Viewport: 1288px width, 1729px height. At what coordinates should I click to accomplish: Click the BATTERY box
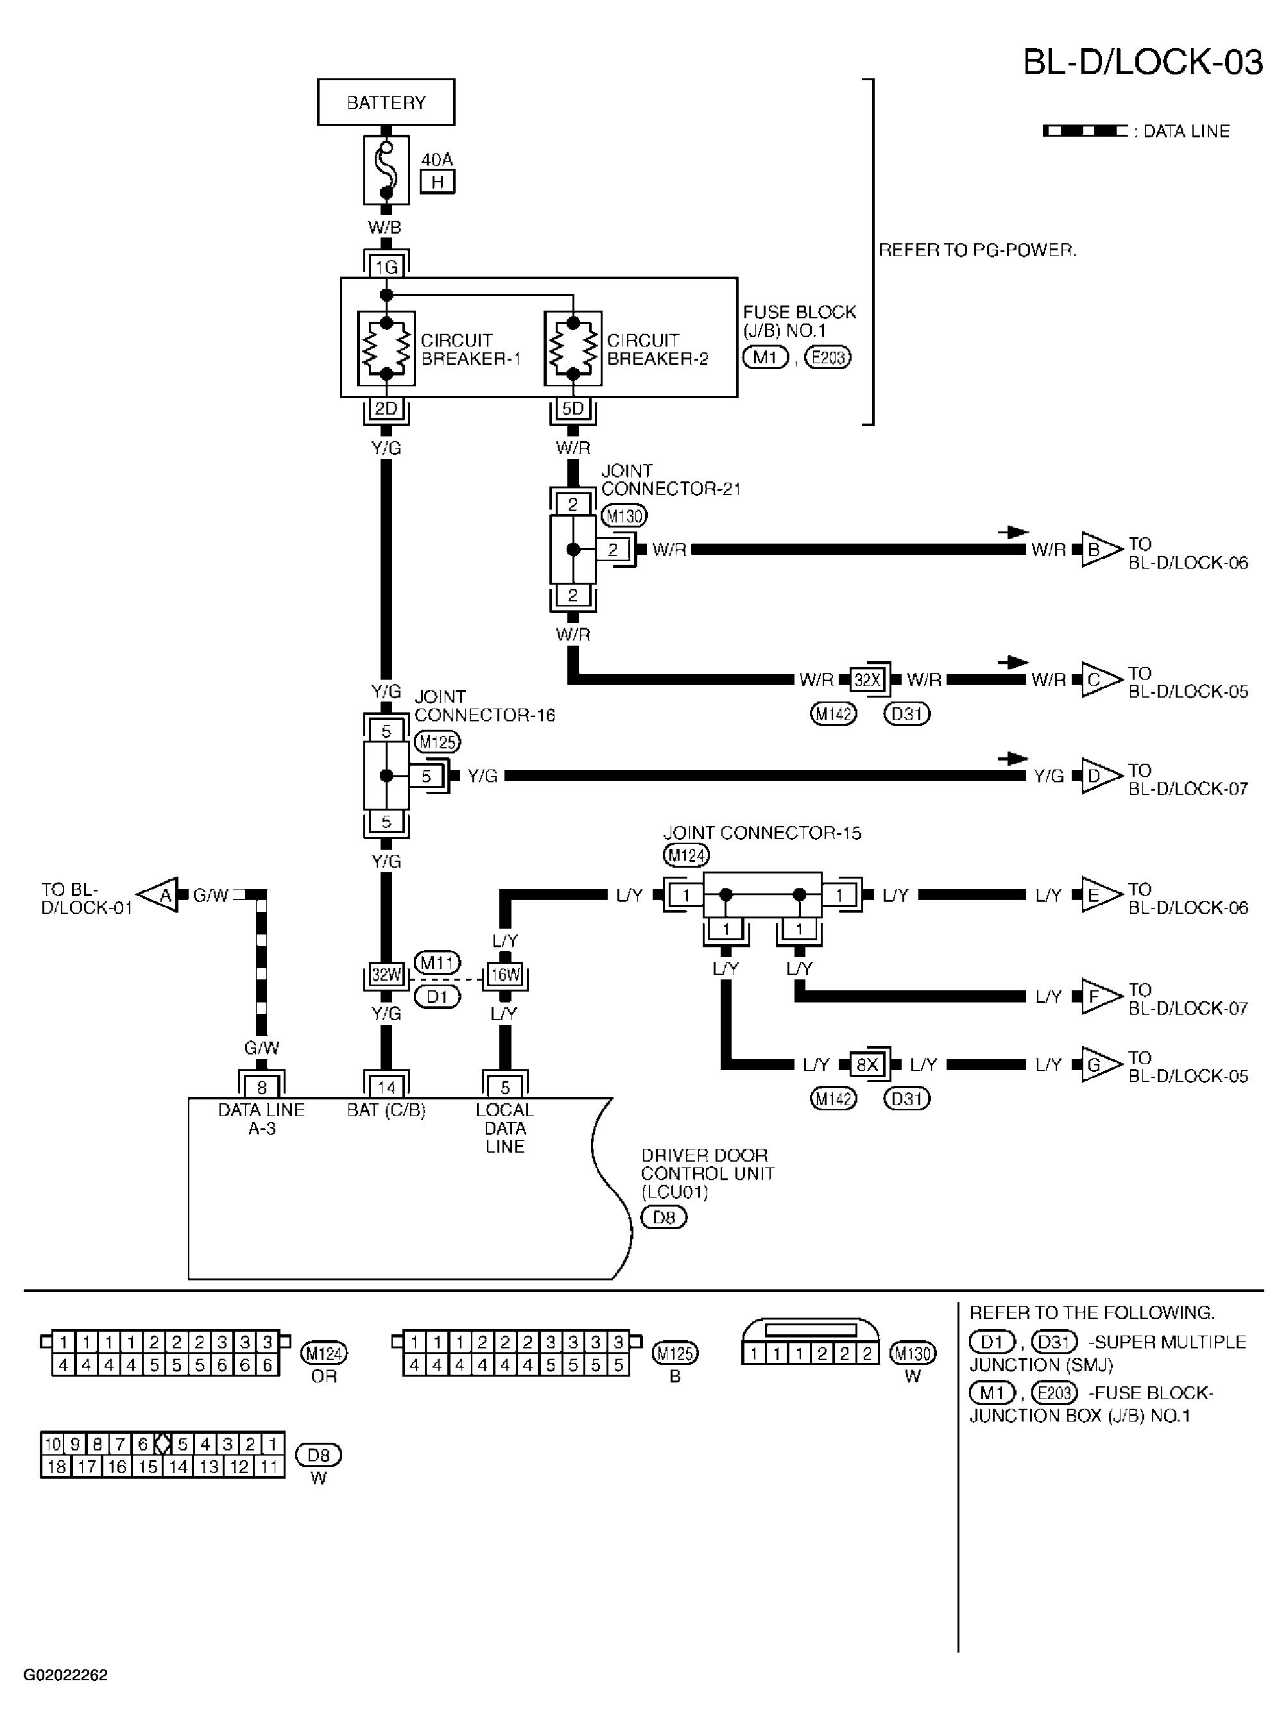click(386, 102)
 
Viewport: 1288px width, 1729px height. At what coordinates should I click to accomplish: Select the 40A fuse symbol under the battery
click(386, 170)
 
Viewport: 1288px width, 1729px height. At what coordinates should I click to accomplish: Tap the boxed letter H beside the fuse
click(438, 182)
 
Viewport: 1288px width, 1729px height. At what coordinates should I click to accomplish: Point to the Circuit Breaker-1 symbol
click(386, 348)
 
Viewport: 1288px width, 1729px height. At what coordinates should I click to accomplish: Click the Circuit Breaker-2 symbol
click(573, 348)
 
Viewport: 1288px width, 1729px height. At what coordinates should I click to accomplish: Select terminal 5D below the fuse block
click(573, 408)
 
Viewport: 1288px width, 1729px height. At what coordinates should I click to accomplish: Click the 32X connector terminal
click(867, 680)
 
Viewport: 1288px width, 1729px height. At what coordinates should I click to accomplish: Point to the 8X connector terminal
click(867, 1065)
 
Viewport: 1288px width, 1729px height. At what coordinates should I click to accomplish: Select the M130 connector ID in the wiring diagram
click(624, 515)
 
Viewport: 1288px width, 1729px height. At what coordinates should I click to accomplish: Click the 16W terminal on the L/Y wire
click(504, 974)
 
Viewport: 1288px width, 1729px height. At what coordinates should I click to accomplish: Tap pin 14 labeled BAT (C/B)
click(386, 1087)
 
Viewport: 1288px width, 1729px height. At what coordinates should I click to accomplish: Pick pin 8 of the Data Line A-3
click(261, 1087)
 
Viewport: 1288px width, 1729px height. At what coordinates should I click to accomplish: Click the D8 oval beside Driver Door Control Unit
click(664, 1217)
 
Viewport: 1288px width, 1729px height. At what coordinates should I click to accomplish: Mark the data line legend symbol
click(1085, 131)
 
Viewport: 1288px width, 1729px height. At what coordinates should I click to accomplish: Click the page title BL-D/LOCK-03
click(1142, 62)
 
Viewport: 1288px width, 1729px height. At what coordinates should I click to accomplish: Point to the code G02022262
click(65, 1674)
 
